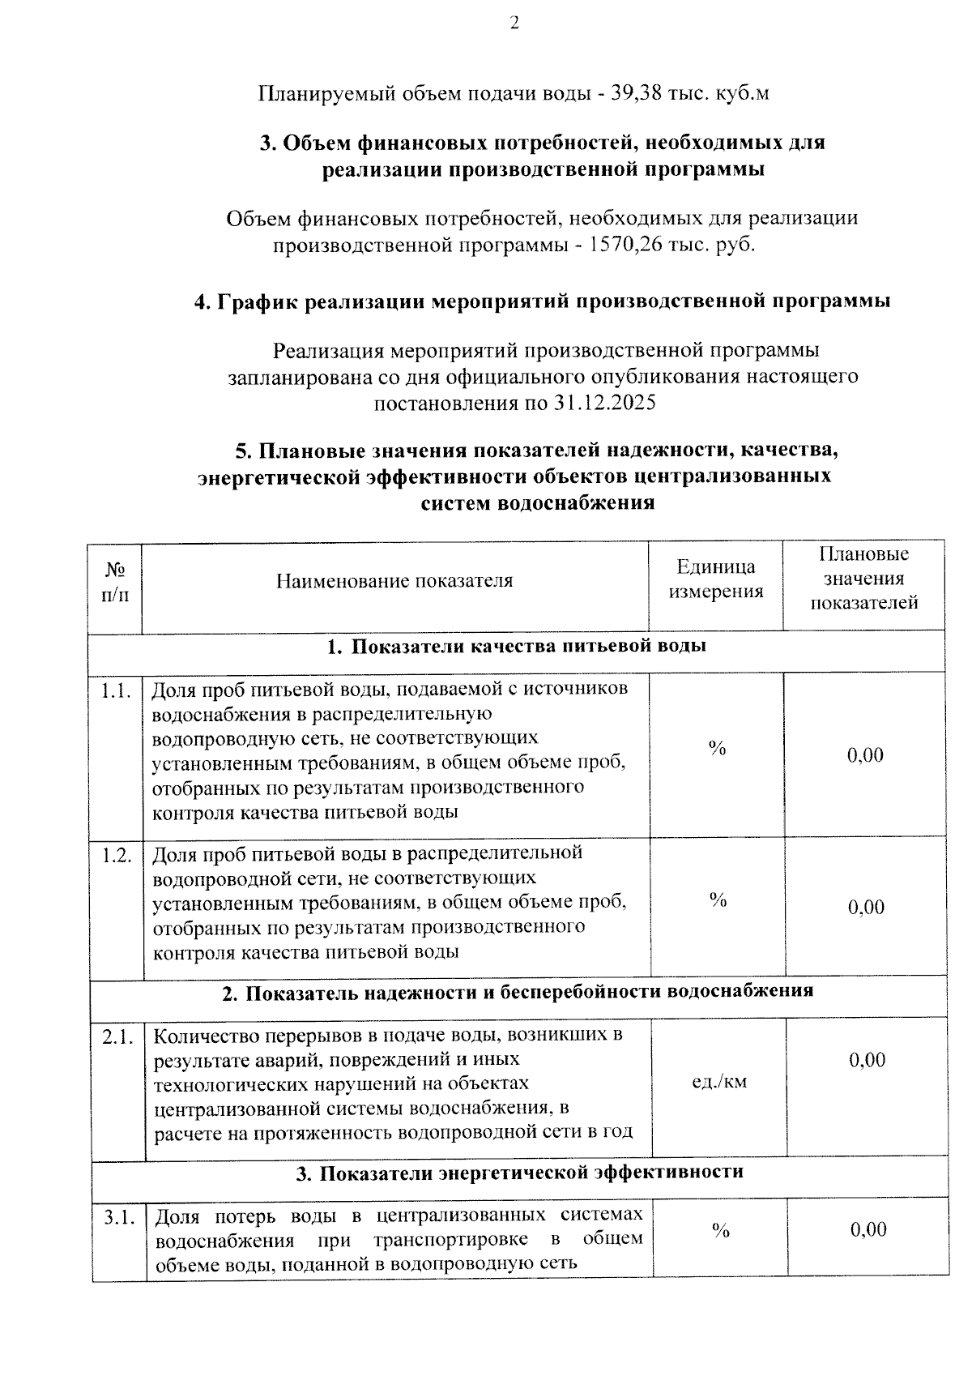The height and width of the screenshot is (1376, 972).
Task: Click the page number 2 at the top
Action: (x=514, y=24)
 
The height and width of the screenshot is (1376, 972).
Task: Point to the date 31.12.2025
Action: (x=606, y=403)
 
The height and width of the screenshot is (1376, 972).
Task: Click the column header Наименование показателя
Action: (x=394, y=581)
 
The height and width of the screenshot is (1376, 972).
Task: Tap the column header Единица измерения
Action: (x=715, y=579)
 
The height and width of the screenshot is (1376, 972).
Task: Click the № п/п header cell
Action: (x=115, y=582)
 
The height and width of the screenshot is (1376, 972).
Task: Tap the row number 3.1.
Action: (x=119, y=1217)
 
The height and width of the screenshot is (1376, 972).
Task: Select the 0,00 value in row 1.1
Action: (x=865, y=756)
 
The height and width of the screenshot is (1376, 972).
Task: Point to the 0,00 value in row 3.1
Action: (x=868, y=1230)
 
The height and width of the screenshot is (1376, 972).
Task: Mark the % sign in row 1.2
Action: (x=718, y=900)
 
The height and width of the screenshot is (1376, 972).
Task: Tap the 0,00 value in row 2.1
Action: (x=868, y=1061)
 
